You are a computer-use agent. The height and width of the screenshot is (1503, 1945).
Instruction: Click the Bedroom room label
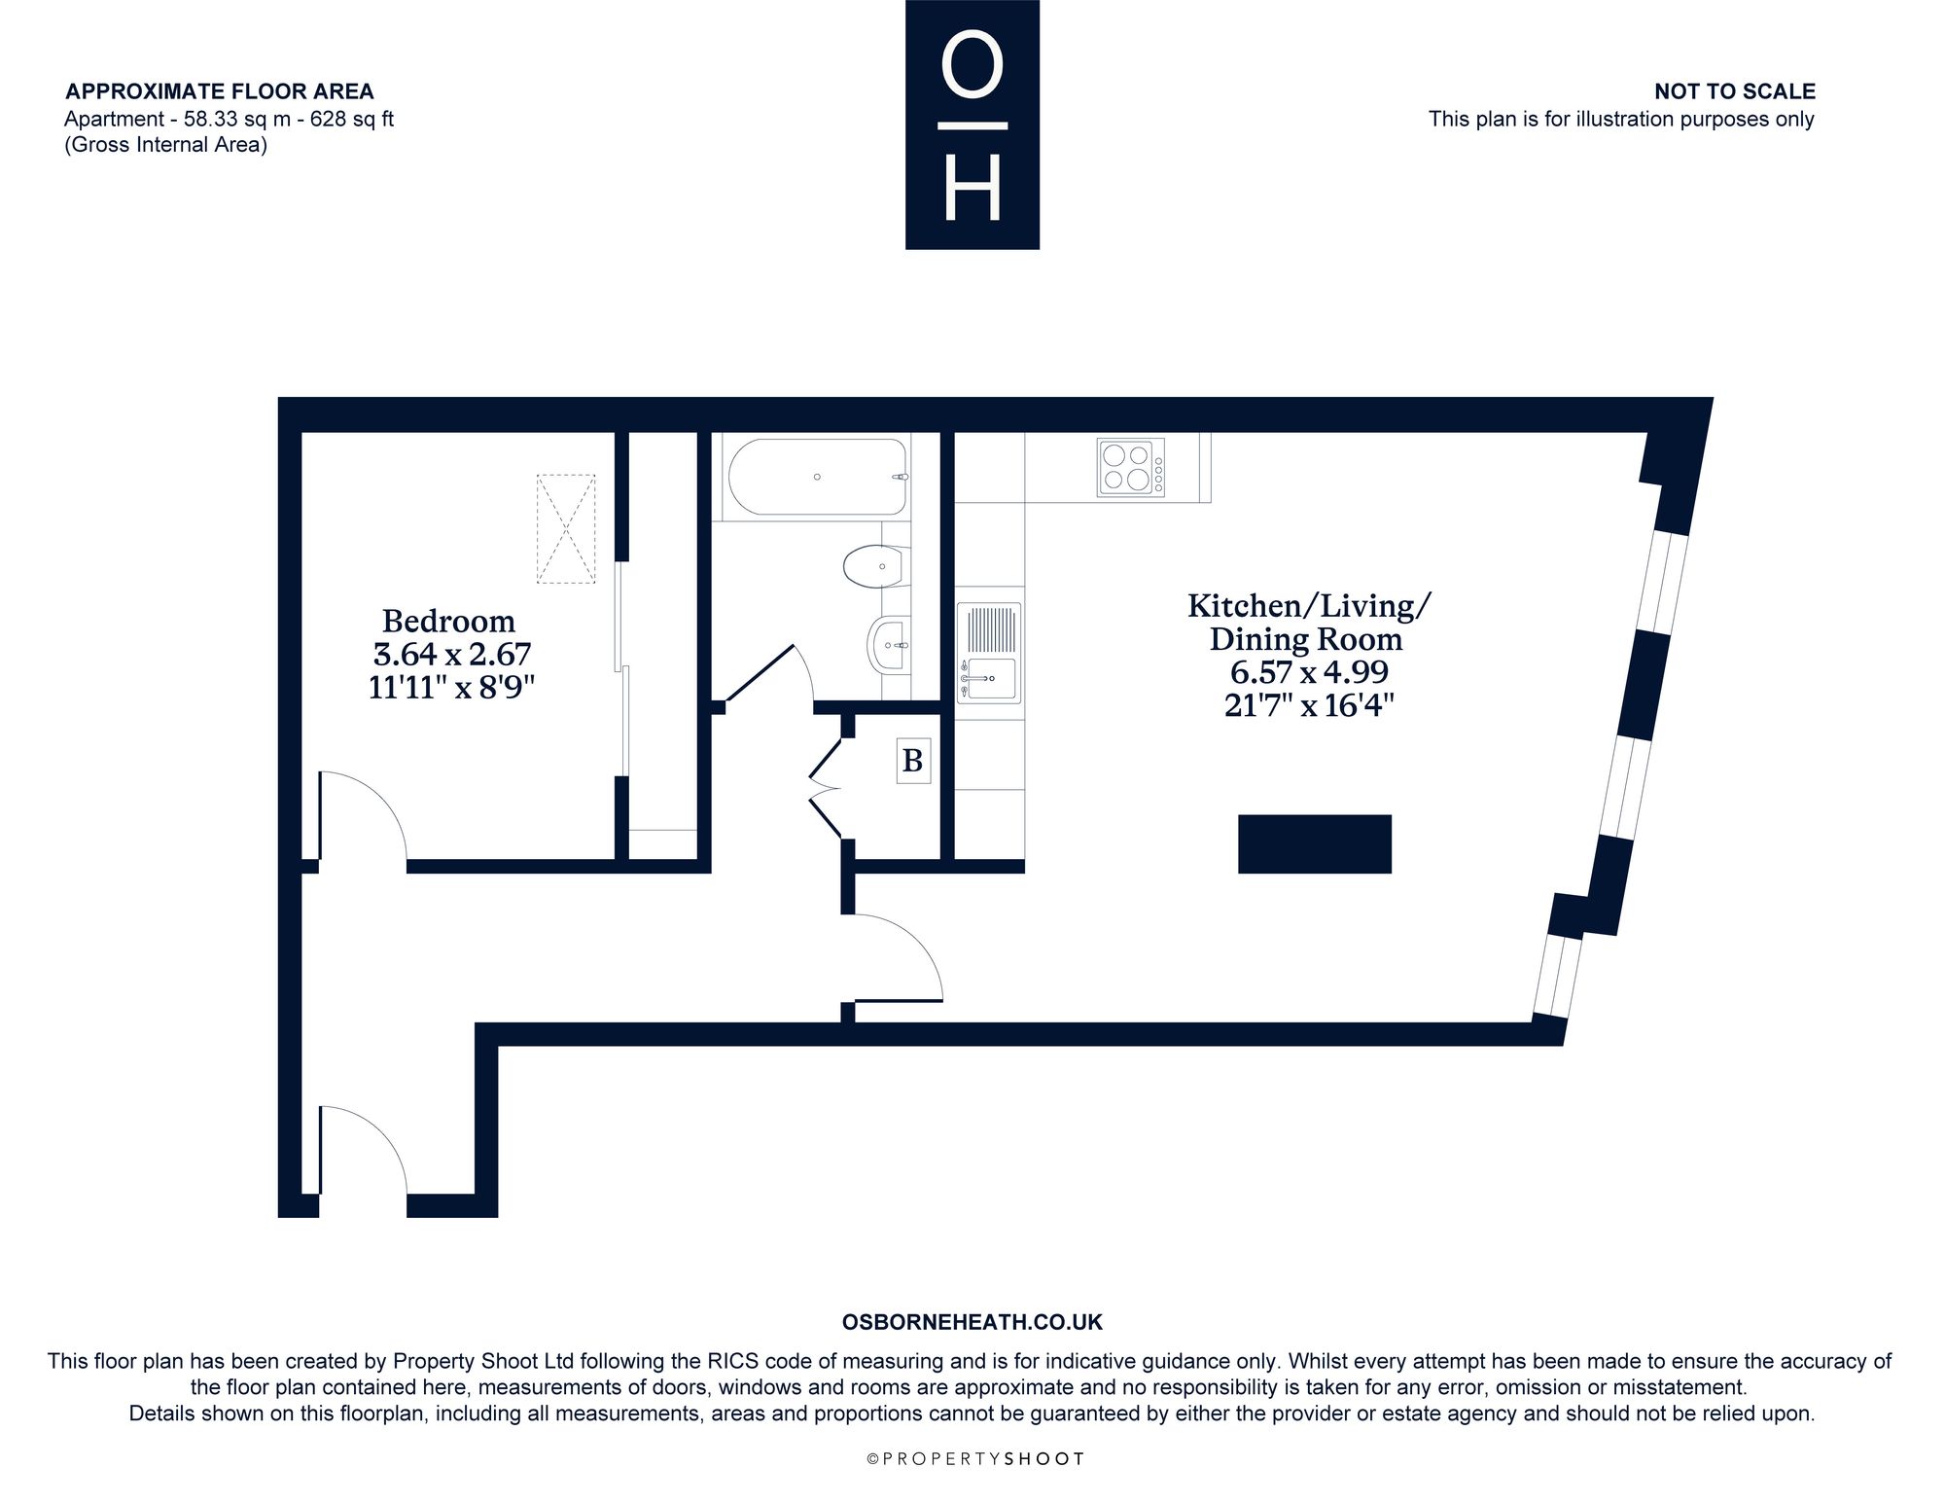[448, 621]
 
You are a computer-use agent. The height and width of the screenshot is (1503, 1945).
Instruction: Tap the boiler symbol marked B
[912, 760]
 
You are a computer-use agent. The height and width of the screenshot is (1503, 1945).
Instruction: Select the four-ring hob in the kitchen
[1131, 468]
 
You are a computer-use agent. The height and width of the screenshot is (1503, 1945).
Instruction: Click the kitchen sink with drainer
[989, 653]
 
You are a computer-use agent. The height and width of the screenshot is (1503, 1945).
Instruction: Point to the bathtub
[817, 477]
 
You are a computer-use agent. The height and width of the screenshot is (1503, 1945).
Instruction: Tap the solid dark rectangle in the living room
[1315, 843]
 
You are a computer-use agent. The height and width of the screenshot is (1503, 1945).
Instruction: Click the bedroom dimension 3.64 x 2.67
[453, 654]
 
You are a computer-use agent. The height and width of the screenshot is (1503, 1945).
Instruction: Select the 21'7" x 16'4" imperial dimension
[1309, 704]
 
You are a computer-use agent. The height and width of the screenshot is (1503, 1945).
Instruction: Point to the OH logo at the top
[972, 125]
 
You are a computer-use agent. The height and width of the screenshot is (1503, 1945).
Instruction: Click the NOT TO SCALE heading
[1735, 91]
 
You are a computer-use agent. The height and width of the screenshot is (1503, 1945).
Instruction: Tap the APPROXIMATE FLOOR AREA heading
[220, 91]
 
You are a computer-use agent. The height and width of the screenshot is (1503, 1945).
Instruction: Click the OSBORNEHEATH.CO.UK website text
[972, 1322]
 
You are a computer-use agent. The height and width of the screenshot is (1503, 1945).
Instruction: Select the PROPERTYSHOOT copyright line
[975, 1458]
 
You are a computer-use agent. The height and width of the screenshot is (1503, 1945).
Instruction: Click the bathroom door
[768, 671]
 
